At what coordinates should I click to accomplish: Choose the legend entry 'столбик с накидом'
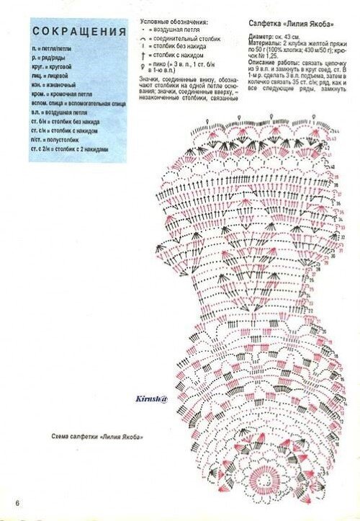click(180, 55)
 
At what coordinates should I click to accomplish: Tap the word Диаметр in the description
click(261, 35)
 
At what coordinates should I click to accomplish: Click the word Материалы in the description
click(265, 42)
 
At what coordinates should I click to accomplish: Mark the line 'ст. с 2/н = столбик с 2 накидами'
click(69, 149)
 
